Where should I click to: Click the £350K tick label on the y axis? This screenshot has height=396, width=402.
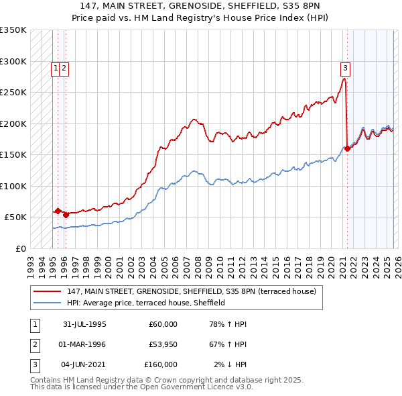tap(13, 30)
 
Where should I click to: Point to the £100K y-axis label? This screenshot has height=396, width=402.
tap(13, 186)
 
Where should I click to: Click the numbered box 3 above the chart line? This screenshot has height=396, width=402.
tap(345, 67)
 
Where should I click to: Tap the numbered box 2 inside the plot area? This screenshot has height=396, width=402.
tap(64, 67)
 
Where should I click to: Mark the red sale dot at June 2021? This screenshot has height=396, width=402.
tap(347, 149)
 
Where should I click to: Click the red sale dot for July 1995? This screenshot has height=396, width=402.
tap(58, 211)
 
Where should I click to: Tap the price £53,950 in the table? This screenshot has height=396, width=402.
tap(161, 344)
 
